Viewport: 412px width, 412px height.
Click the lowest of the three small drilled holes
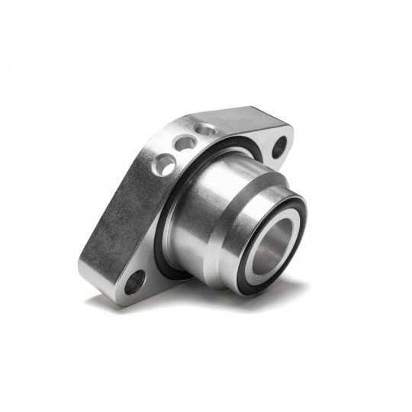tap(163, 163)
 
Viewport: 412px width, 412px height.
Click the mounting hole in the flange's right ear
tap(279, 146)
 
